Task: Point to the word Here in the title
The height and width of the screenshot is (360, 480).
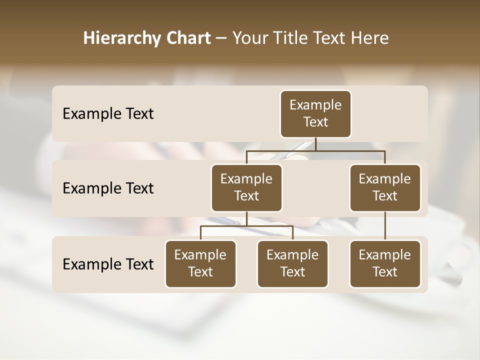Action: (x=369, y=38)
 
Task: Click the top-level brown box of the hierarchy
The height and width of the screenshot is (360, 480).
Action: (x=315, y=114)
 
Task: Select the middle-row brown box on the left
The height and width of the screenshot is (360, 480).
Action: (x=246, y=188)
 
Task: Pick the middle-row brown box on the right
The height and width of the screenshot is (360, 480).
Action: (x=385, y=188)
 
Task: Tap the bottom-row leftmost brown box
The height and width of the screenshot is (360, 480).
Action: (x=200, y=264)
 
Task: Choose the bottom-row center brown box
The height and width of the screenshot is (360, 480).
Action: (x=292, y=264)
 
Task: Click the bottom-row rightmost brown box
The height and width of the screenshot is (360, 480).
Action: (x=385, y=264)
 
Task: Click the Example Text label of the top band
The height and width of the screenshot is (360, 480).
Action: (x=108, y=114)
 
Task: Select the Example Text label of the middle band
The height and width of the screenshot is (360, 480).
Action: (x=108, y=188)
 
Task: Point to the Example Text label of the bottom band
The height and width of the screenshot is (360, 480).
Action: (x=108, y=264)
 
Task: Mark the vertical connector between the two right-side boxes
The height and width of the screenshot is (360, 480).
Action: (x=385, y=226)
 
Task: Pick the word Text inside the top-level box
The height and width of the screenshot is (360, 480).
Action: (x=315, y=122)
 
